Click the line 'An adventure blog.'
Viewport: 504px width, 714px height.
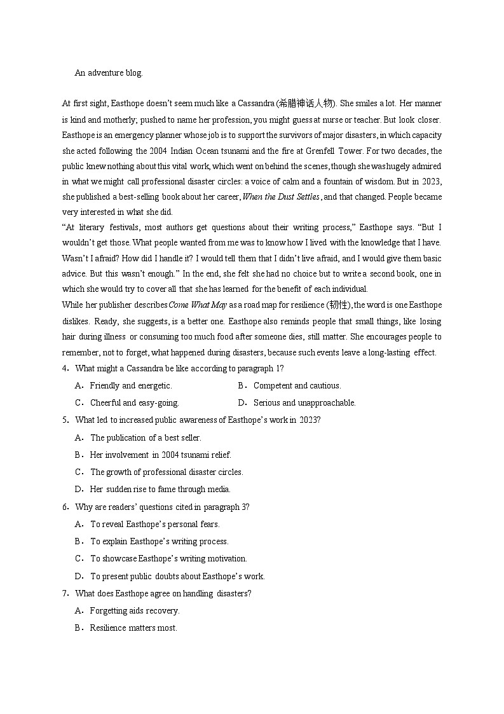coord(109,73)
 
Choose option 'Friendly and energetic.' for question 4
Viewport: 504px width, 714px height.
coord(131,385)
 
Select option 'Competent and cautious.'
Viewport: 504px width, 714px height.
coord(297,385)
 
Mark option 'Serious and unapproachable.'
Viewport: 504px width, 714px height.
coord(304,402)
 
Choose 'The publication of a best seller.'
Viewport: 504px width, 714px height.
coord(146,437)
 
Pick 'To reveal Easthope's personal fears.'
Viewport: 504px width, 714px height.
coord(154,524)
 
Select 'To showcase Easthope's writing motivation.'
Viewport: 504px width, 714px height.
coord(168,558)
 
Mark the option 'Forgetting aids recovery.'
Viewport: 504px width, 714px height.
coord(135,610)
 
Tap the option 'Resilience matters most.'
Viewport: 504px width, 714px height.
coord(133,628)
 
